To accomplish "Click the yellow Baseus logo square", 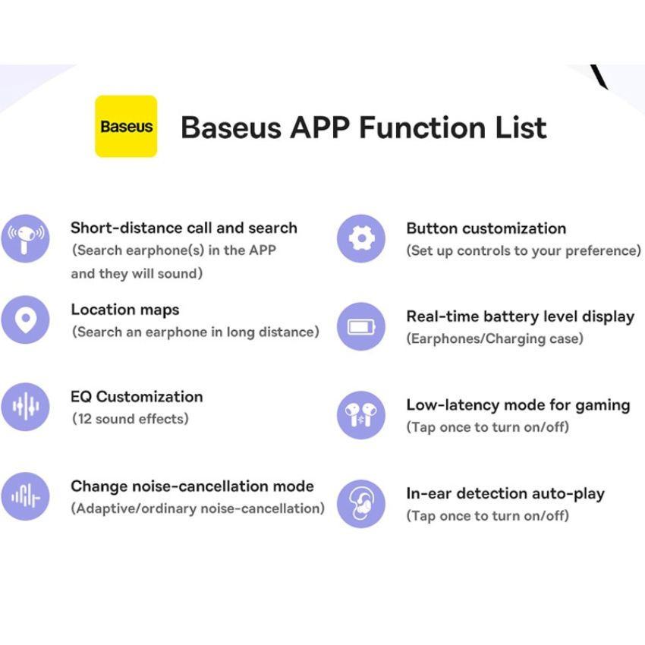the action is click(126, 126).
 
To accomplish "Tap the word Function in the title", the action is click(423, 127).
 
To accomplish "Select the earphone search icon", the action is click(26, 238).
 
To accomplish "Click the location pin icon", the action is click(26, 319).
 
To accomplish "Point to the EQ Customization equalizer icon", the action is click(26, 407).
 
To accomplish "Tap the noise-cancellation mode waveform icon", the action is click(26, 496).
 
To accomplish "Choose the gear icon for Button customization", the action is click(361, 238).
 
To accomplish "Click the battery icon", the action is click(361, 326).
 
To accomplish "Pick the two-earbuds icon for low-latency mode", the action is click(361, 415).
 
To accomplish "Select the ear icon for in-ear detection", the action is click(361, 504).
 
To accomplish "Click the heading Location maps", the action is click(125, 310).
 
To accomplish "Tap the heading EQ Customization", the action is click(137, 397).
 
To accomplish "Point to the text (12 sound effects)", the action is click(131, 419).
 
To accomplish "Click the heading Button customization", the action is click(486, 228).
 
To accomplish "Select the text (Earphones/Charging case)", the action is click(495, 338).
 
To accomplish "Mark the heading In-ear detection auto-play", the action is click(505, 494).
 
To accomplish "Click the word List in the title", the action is click(521, 127).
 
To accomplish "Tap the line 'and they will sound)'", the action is click(137, 273).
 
